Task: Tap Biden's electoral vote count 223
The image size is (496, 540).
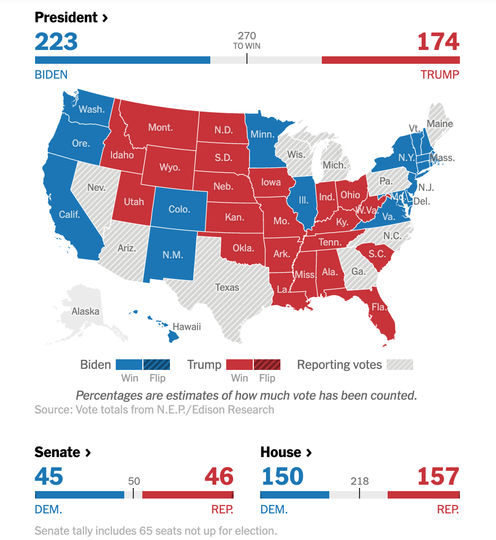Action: pyautogui.click(x=56, y=42)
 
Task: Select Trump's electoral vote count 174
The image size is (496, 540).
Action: pyautogui.click(x=438, y=42)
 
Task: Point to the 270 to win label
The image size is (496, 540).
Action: pyautogui.click(x=247, y=40)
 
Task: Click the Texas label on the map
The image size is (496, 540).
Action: pyautogui.click(x=227, y=288)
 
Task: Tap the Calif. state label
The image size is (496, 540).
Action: pyautogui.click(x=70, y=215)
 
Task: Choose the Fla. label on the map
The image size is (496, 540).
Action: pyautogui.click(x=379, y=307)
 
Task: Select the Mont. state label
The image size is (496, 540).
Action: pyautogui.click(x=160, y=128)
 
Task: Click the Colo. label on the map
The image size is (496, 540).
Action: pyautogui.click(x=179, y=209)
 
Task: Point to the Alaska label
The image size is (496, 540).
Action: pyautogui.click(x=85, y=311)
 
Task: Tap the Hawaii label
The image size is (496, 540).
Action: pyautogui.click(x=187, y=327)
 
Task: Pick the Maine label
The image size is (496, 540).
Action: pyautogui.click(x=440, y=124)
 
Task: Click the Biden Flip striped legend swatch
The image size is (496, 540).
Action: pyautogui.click(x=157, y=365)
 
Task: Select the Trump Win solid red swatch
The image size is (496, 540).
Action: pyautogui.click(x=240, y=365)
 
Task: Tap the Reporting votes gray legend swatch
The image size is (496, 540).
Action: pyautogui.click(x=400, y=365)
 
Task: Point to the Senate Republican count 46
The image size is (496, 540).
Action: pyautogui.click(x=219, y=477)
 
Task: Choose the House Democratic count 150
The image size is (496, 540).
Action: pyautogui.click(x=282, y=477)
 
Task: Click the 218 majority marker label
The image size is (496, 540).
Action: pyautogui.click(x=360, y=482)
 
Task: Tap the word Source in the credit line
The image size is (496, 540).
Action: pyautogui.click(x=53, y=410)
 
